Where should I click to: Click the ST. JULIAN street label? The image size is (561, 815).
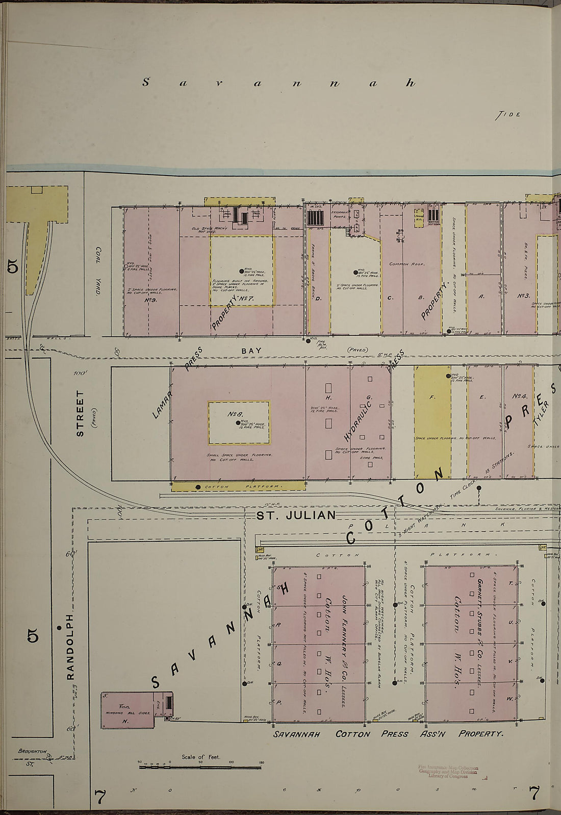pyautogui.click(x=296, y=515)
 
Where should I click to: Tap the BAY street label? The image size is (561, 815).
pyautogui.click(x=251, y=351)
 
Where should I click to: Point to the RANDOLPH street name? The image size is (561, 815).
pyautogui.click(x=70, y=647)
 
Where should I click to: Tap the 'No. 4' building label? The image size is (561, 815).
pyautogui.click(x=519, y=396)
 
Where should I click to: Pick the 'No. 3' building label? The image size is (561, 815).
pyautogui.click(x=524, y=295)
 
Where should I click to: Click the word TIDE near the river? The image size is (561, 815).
pyautogui.click(x=507, y=115)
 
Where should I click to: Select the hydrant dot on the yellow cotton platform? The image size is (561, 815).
pyautogui.click(x=198, y=487)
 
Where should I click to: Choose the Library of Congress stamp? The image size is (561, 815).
pyautogui.click(x=448, y=771)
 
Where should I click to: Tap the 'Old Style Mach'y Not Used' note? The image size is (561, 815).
pyautogui.click(x=210, y=230)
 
